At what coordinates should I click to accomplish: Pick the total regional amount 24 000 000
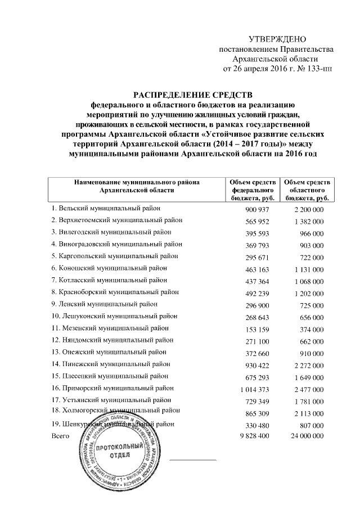click(304, 436)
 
